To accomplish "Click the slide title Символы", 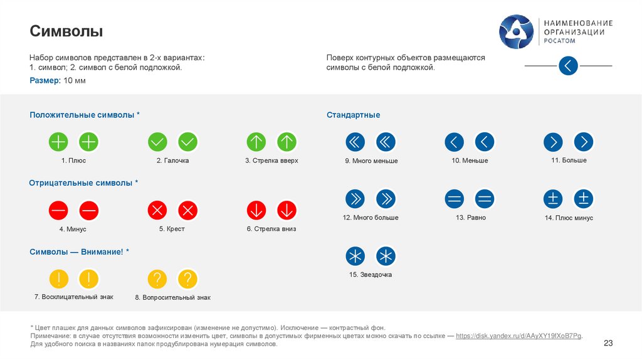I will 66,31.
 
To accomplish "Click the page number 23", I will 608,342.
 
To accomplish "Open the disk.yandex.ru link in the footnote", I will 518,336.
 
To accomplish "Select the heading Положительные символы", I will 84,115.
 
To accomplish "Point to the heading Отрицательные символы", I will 83,183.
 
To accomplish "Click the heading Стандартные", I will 353,115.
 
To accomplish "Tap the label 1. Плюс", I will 73,161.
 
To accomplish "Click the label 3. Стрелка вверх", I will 271,161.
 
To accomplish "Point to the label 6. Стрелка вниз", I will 271,229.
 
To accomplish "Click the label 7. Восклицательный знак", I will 74,297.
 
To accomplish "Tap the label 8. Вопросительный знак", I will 172,297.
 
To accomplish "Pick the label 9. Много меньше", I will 371,161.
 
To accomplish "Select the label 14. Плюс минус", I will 569,218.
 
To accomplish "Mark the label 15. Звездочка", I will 371,275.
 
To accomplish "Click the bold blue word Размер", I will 45,81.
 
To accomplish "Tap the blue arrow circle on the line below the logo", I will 568,66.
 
